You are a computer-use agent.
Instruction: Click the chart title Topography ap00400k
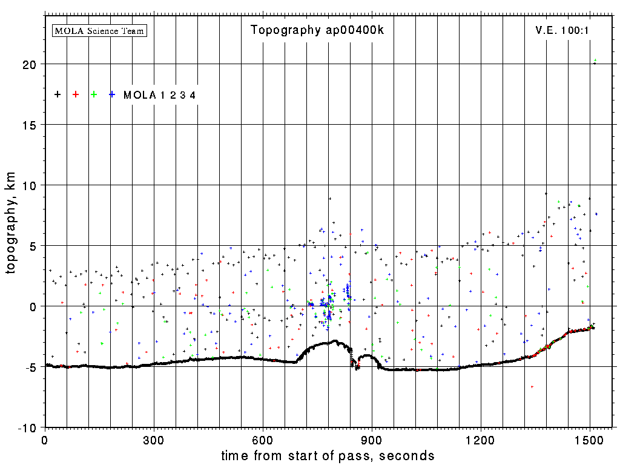click(317, 30)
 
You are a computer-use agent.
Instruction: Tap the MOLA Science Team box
click(100, 30)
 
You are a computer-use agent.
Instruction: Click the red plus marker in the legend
click(76, 94)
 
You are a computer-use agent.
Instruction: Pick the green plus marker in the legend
click(94, 94)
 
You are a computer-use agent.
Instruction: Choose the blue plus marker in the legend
click(112, 94)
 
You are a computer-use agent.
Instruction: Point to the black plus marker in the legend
click(58, 94)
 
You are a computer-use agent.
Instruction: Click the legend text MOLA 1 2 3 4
click(159, 95)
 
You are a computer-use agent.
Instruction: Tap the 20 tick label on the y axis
click(31, 64)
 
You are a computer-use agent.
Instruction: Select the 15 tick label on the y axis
click(31, 125)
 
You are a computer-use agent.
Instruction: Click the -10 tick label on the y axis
click(28, 427)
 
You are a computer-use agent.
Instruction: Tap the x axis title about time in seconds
click(328, 455)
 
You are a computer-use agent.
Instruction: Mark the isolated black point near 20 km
click(594, 63)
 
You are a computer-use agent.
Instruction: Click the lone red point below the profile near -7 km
click(532, 386)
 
